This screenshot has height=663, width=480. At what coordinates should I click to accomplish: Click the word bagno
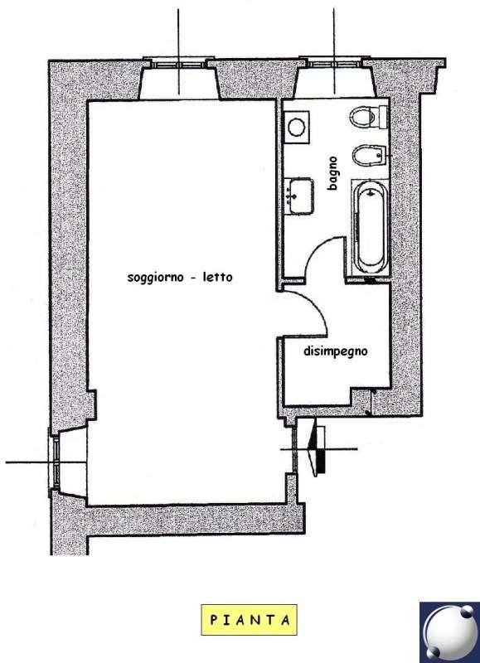point(332,173)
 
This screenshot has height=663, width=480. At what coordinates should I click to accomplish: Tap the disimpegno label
point(336,351)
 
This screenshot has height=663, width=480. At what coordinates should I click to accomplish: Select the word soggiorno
point(156,278)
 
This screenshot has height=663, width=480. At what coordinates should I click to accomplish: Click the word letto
point(217,277)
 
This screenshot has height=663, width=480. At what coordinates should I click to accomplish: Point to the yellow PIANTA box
point(249,620)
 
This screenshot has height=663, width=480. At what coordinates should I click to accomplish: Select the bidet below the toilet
point(368,155)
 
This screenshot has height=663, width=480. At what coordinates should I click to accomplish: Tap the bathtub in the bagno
point(371,226)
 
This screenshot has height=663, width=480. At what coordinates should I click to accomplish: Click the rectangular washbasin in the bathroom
point(298,196)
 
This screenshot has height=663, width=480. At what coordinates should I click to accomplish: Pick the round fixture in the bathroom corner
point(296,127)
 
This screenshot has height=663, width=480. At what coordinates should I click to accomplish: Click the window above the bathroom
point(334,64)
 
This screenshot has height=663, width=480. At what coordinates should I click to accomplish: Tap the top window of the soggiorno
point(178,65)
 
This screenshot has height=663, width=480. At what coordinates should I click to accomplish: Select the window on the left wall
point(55,462)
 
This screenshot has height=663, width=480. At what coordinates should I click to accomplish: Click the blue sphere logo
point(449,632)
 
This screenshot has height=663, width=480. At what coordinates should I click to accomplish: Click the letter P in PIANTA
point(214,620)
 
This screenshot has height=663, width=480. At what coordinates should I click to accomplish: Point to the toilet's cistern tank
point(383,116)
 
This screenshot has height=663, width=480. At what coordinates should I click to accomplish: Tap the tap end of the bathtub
point(371,192)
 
